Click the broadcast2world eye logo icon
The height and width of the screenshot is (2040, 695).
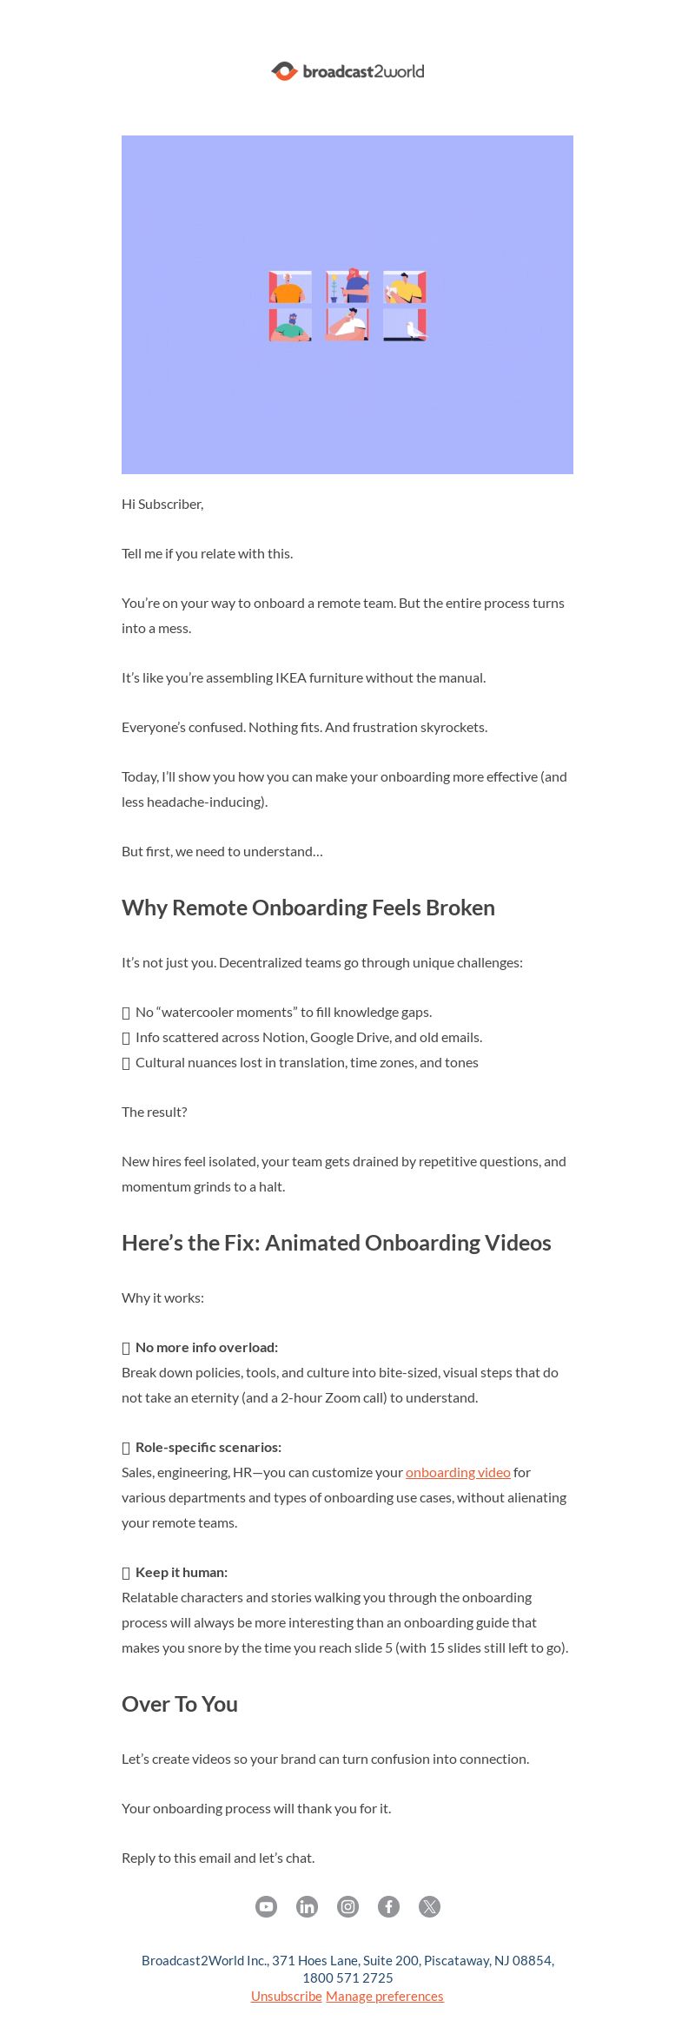[284, 71]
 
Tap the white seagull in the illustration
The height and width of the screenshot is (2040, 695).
[416, 330]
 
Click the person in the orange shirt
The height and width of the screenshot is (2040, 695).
[288, 289]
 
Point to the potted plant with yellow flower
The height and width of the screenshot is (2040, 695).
[334, 287]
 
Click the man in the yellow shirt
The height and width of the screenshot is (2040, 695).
[403, 287]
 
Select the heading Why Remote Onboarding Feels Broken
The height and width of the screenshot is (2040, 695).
[308, 908]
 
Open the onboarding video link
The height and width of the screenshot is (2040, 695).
[458, 1472]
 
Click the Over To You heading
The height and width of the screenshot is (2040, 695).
[180, 1704]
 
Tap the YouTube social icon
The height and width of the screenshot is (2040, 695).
[266, 1906]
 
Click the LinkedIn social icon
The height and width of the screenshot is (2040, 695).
[307, 1906]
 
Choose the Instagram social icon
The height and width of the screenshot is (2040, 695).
[347, 1906]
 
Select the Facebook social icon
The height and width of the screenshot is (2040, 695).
[388, 1906]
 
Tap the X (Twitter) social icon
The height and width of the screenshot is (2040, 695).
[429, 1906]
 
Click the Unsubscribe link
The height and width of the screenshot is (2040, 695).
[287, 1996]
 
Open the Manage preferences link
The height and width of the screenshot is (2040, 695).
[384, 1996]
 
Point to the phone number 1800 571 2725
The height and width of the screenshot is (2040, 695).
[347, 1977]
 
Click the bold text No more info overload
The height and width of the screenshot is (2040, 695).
[207, 1347]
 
